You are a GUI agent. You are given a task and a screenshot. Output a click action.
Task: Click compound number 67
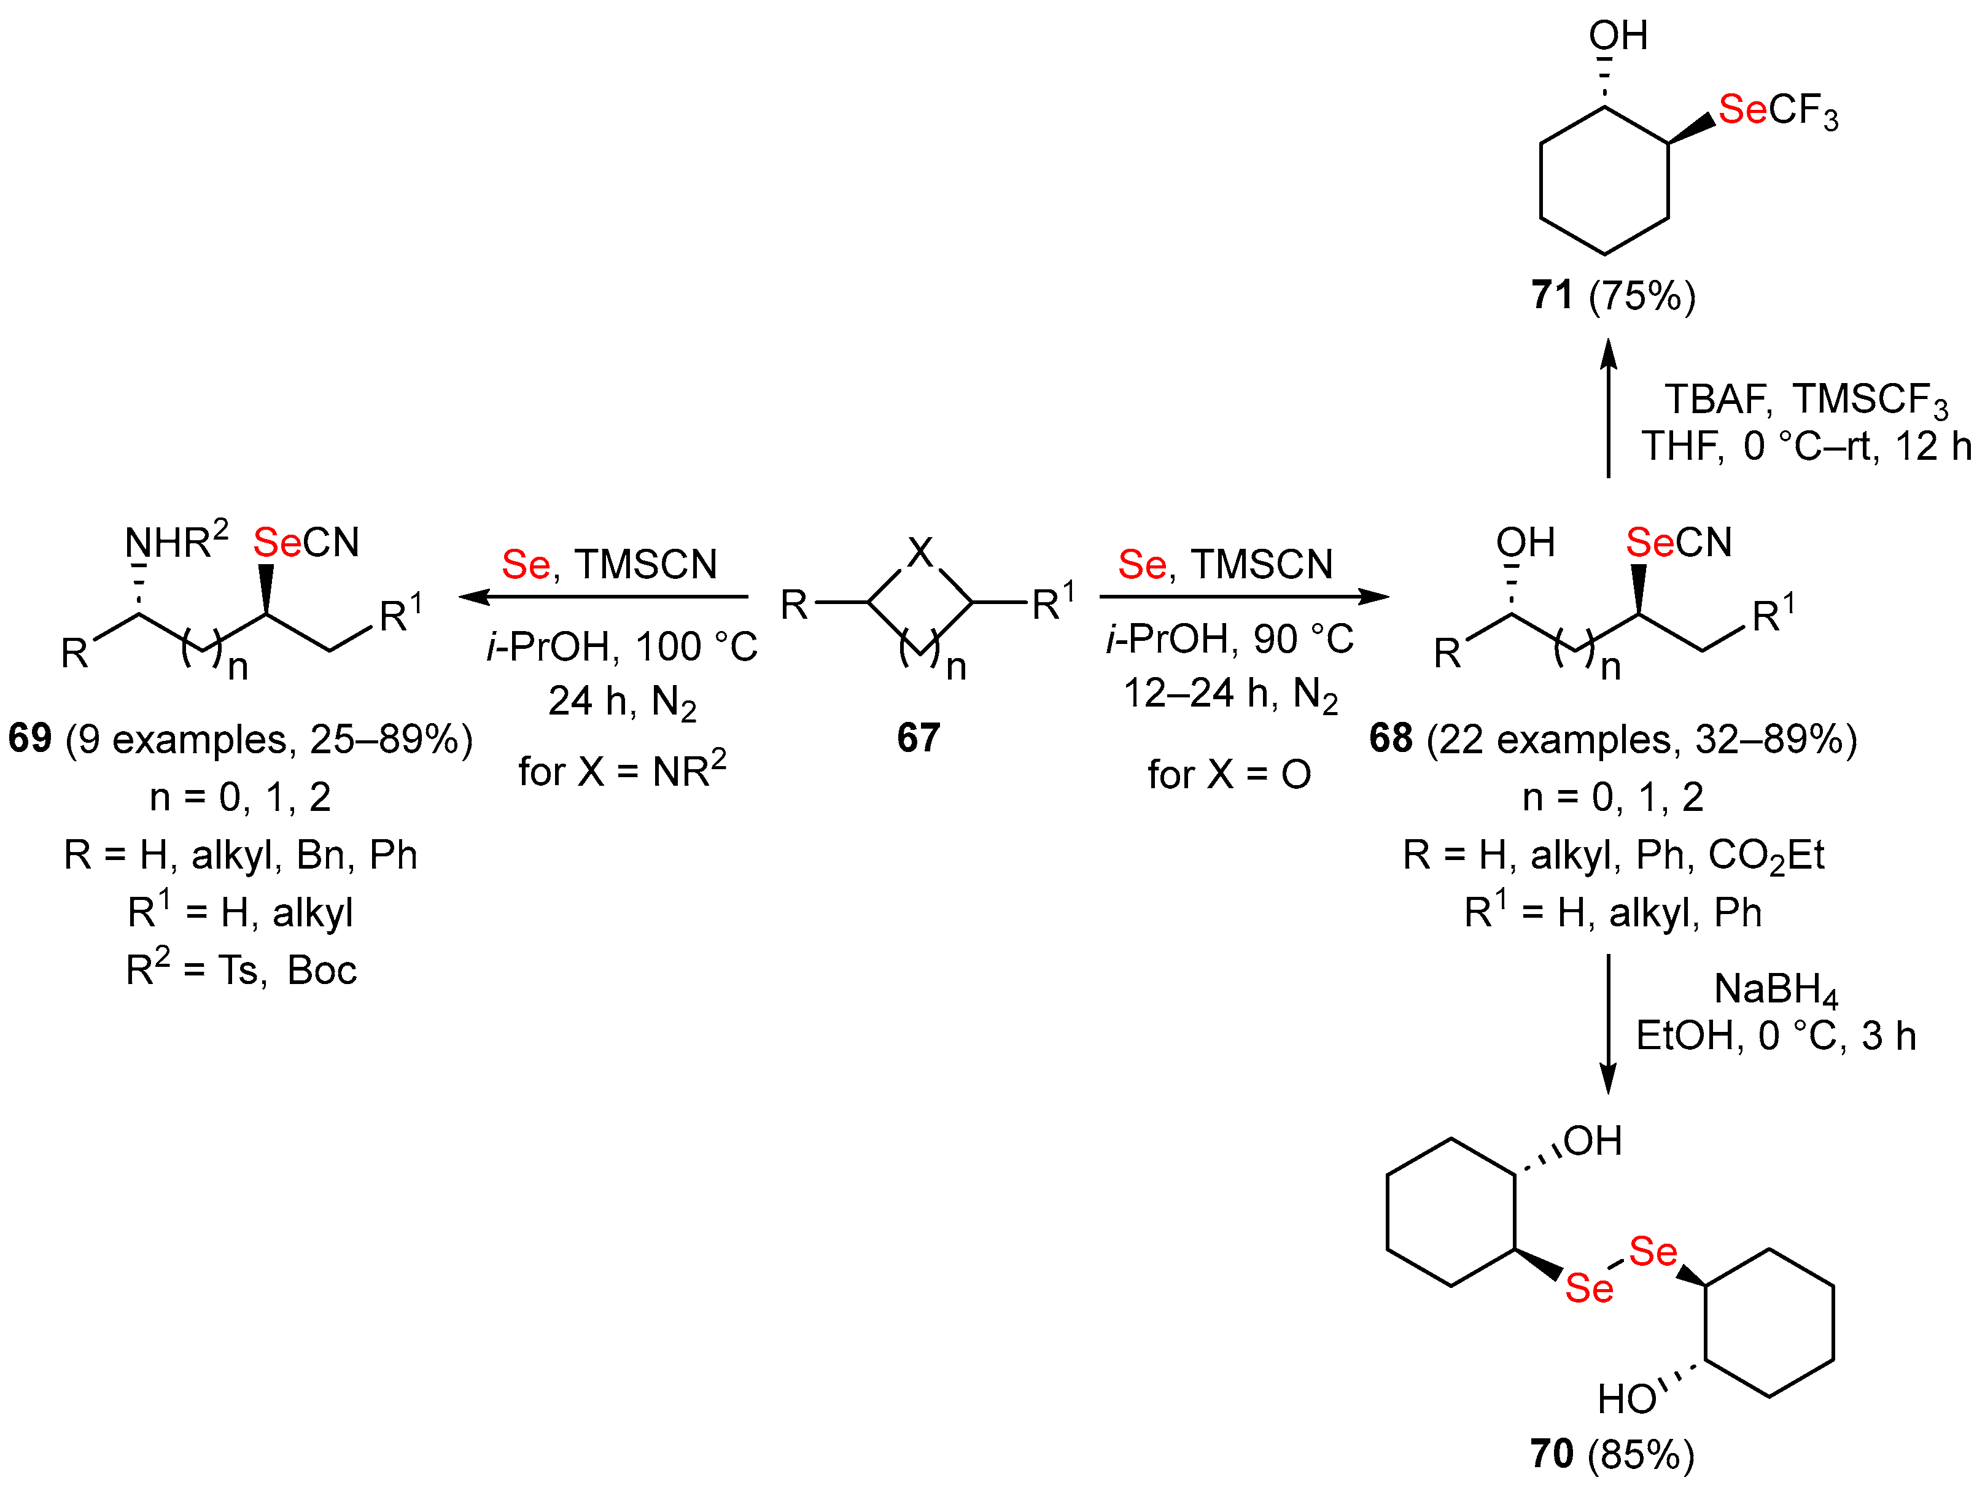pyautogui.click(x=918, y=738)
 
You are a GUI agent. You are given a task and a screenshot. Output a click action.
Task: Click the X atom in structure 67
pyautogui.click(x=920, y=552)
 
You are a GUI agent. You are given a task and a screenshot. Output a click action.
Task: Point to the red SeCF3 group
pyautogui.click(x=1777, y=111)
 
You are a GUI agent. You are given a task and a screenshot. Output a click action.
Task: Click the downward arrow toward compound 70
pyautogui.click(x=1608, y=1024)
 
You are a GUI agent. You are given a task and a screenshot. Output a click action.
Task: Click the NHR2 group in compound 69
pyautogui.click(x=176, y=541)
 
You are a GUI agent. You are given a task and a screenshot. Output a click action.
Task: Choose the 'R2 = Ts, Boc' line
pyautogui.click(x=241, y=970)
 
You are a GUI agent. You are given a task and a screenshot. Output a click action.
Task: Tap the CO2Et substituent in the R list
pyautogui.click(x=1765, y=855)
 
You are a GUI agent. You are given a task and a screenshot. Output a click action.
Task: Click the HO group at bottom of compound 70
pyautogui.click(x=1625, y=1399)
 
